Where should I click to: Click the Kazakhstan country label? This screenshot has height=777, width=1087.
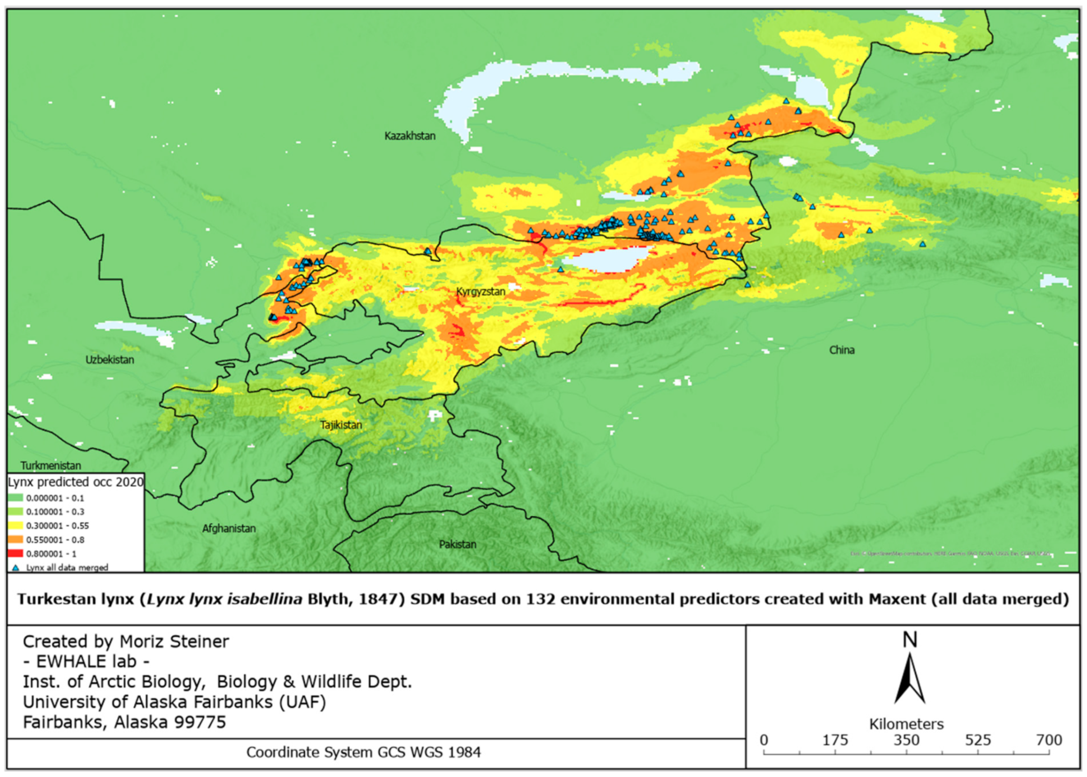410,136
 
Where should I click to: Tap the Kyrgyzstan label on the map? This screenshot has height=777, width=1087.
481,291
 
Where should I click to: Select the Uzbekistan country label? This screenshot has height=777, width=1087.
109,360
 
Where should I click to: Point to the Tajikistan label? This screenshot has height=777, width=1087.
341,425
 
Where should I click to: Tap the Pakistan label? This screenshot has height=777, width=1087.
457,545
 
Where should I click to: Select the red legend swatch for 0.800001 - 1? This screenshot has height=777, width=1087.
16,554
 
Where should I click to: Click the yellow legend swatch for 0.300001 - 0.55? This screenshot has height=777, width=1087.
16,525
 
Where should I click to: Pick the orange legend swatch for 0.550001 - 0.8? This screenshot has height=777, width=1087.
16,540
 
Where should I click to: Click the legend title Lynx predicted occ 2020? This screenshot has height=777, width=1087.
76,482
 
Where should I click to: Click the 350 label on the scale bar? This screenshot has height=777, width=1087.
906,741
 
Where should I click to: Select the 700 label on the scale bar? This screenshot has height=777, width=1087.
1049,741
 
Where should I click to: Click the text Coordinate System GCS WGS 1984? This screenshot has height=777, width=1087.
363,753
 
